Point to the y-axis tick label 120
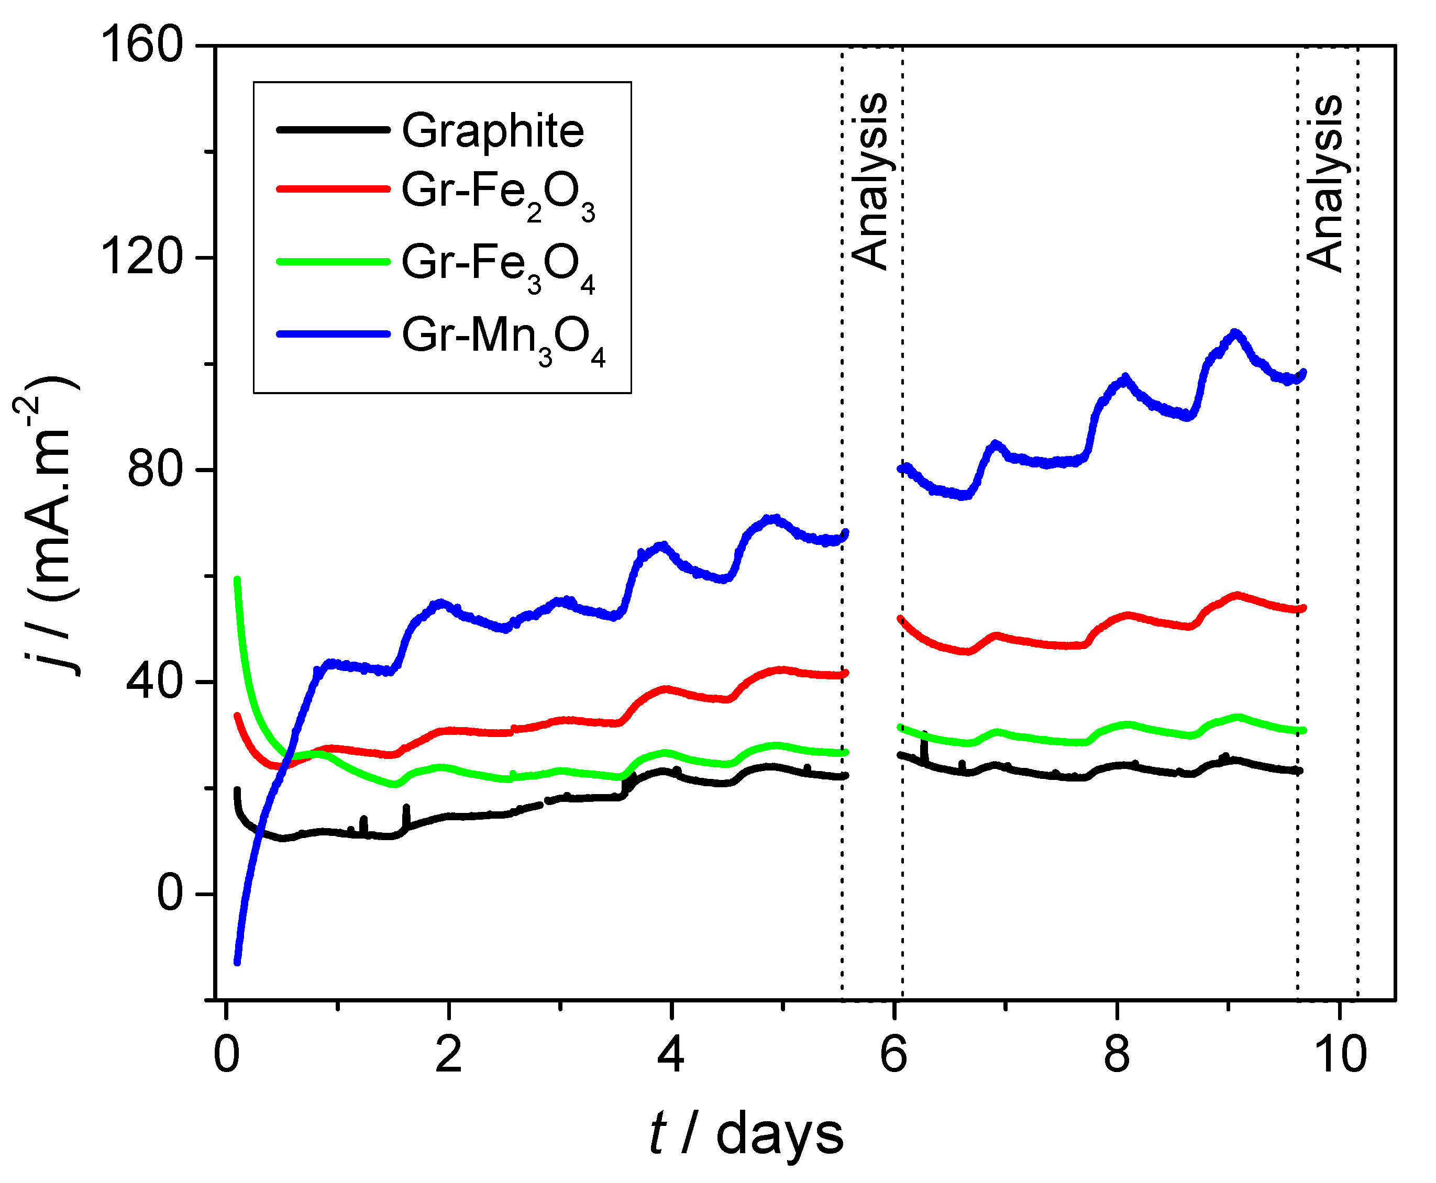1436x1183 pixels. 142,258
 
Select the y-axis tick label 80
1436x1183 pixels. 156,470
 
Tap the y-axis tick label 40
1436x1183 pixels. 156,682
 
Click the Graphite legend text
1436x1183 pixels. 492,130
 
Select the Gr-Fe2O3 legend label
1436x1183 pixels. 498,194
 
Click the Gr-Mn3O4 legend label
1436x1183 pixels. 503,339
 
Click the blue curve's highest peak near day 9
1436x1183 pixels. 1235,333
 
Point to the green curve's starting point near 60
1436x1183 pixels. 237,580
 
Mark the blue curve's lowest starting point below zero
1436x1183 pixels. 237,962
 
